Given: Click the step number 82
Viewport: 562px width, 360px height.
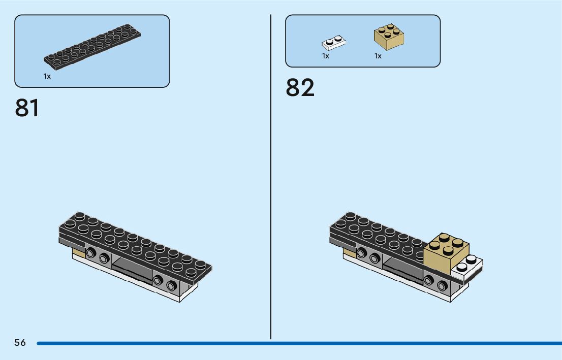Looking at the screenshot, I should click(x=300, y=87).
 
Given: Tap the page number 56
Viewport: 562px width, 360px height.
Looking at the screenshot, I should click(x=20, y=343).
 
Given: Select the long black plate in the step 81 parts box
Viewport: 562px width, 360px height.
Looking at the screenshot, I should click(x=91, y=48).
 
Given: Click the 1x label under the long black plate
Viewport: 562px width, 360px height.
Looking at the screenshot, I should click(x=47, y=76).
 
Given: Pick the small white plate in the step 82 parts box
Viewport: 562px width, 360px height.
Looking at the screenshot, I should click(x=334, y=43).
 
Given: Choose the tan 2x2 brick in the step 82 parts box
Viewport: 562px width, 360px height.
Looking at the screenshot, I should click(x=389, y=37).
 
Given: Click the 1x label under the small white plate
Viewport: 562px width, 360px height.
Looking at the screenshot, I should click(x=326, y=56).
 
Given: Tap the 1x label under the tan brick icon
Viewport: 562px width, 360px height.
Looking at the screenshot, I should click(x=378, y=56).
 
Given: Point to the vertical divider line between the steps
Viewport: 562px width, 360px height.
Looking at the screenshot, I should click(x=271, y=178).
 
